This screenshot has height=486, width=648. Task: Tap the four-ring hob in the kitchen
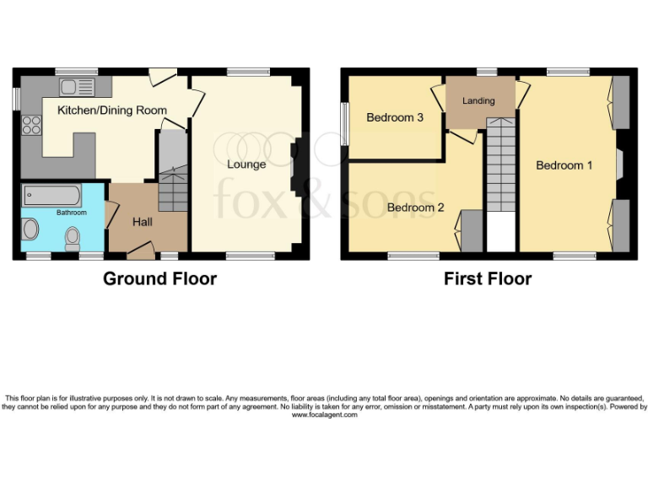tap(32, 126)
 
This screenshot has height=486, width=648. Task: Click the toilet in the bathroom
tap(73, 233)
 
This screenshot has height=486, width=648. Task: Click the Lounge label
tap(246, 164)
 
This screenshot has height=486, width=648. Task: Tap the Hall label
tap(143, 222)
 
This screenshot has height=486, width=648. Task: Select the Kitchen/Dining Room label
tap(111, 111)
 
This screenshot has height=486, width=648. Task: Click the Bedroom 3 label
tap(395, 118)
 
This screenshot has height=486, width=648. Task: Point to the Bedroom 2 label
tap(415, 208)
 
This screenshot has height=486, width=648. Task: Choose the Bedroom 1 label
tap(564, 165)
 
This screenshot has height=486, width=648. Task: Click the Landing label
tap(478, 101)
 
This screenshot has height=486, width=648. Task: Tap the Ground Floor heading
tap(159, 278)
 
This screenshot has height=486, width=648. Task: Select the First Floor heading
tap(488, 278)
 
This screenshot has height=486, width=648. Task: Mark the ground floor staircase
tap(172, 173)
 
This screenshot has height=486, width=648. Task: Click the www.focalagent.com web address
tap(324, 414)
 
